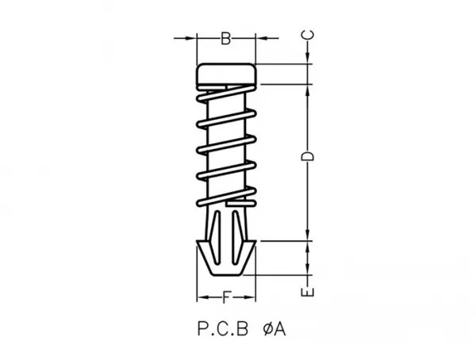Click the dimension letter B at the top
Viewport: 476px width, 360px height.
(x=225, y=39)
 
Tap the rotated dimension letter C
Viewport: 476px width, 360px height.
(x=307, y=35)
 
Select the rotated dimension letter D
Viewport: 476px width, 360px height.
(x=307, y=156)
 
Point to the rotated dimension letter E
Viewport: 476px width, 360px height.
(x=307, y=292)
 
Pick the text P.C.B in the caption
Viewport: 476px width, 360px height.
(x=223, y=329)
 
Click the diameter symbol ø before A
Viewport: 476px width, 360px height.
(x=267, y=329)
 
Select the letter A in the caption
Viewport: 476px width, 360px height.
(x=279, y=329)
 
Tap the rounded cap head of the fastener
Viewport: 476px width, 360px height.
(x=226, y=74)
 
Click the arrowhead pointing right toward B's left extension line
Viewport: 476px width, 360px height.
(x=191, y=38)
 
